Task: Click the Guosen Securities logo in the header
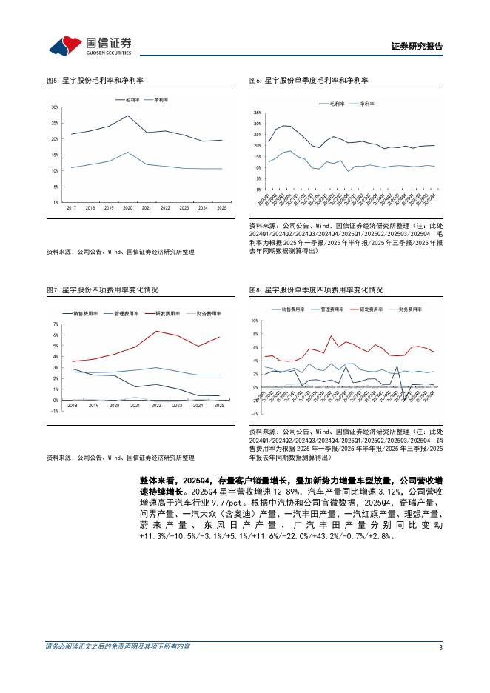click(x=90, y=46)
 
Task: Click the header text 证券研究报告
click(x=416, y=47)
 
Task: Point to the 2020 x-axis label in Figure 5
click(x=127, y=209)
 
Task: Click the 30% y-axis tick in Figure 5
click(x=55, y=107)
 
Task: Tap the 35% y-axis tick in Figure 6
click(x=258, y=111)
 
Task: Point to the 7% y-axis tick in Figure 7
click(x=56, y=324)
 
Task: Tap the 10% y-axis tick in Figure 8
click(x=255, y=321)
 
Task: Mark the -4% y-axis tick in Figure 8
click(x=255, y=414)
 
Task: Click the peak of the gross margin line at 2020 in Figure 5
click(x=127, y=115)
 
